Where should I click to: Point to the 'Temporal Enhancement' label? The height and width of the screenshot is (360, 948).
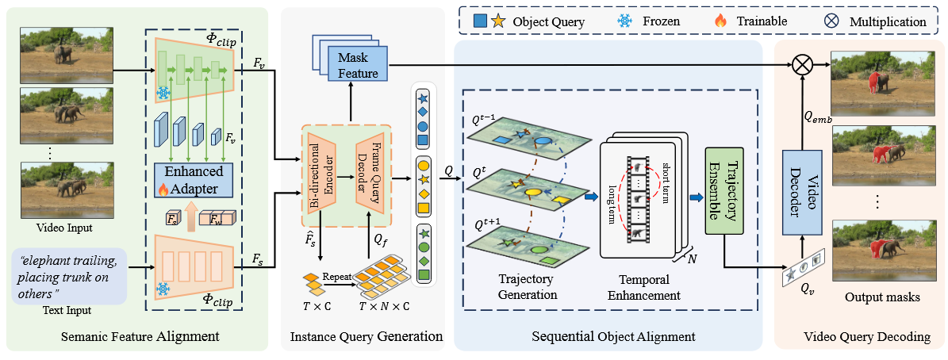pos(644,288)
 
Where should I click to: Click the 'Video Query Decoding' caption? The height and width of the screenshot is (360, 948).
pos(860,337)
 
